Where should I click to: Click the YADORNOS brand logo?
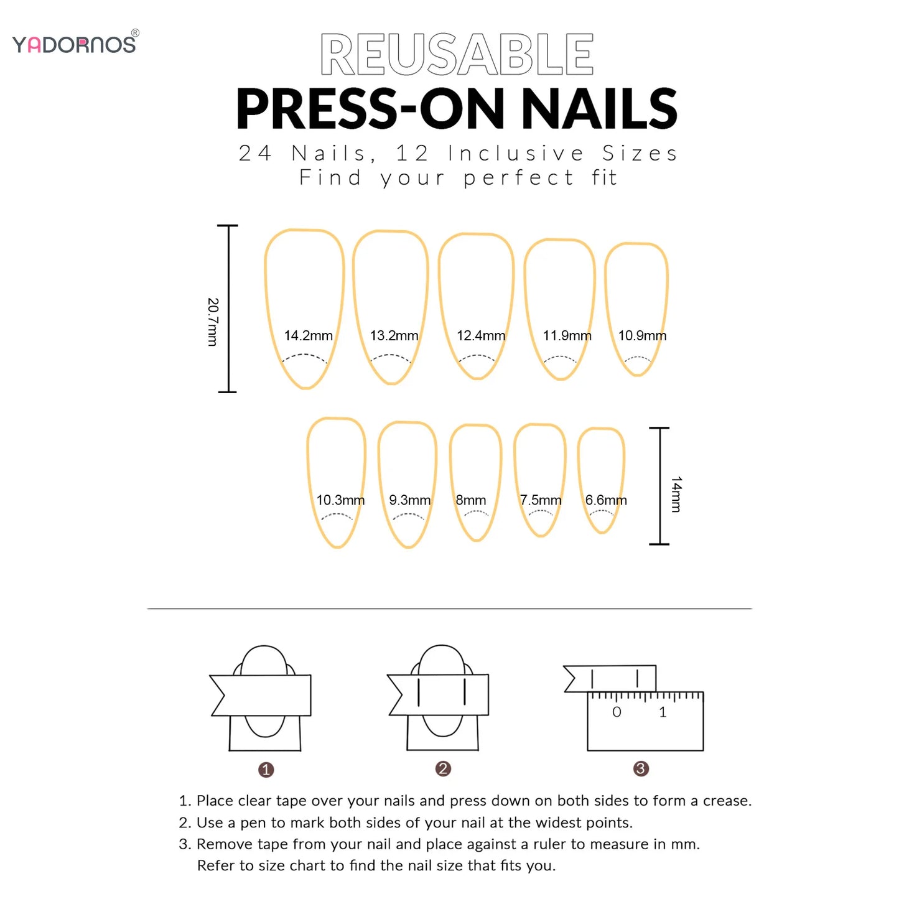point(75,44)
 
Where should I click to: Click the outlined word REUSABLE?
point(457,55)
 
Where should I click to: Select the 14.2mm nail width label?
point(308,336)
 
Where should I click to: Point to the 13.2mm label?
point(394,336)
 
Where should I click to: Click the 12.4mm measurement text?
point(480,336)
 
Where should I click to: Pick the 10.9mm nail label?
point(642,336)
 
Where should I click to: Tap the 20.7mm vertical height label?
point(213,322)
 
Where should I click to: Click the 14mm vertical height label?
point(676,495)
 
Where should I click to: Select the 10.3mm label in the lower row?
point(340,500)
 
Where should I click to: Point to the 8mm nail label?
point(471,500)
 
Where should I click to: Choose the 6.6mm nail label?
point(605,500)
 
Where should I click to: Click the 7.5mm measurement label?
point(541,500)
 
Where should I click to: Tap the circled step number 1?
point(266,770)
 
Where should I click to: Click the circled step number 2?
point(443,768)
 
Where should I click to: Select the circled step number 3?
point(641,768)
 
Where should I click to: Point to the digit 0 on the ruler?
point(617,712)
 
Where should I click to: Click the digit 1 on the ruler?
point(663,712)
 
